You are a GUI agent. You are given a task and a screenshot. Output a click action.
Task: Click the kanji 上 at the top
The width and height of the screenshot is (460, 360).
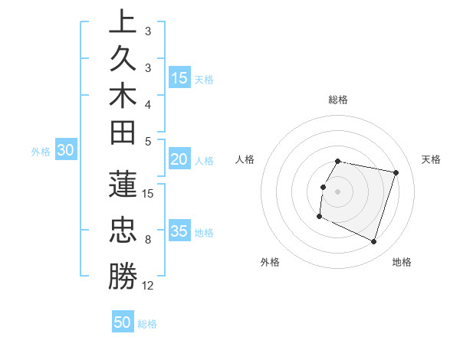click(x=122, y=22)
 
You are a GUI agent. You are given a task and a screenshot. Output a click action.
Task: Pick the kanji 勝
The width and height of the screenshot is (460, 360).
click(x=122, y=277)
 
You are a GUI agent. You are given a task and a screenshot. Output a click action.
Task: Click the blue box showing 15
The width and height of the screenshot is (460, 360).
click(x=179, y=77)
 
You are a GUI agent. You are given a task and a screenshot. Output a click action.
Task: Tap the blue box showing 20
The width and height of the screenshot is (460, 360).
click(x=179, y=159)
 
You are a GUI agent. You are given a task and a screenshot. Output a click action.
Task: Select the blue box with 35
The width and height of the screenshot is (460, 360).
click(x=179, y=231)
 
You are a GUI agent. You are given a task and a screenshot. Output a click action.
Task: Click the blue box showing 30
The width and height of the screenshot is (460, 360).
click(x=66, y=151)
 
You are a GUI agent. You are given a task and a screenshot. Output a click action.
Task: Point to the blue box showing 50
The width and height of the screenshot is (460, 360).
click(x=123, y=322)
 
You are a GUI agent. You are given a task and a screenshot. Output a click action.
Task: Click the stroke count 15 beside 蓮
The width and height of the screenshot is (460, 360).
click(x=148, y=193)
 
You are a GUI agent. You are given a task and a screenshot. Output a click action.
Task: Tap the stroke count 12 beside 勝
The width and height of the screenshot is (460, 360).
click(x=148, y=286)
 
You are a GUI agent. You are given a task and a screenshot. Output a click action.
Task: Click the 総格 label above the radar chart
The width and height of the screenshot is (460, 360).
click(x=338, y=100)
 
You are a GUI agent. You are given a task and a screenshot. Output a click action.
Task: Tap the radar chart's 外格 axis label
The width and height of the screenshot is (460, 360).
click(x=270, y=263)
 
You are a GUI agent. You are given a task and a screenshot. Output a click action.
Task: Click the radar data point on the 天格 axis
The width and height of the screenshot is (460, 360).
click(x=396, y=173)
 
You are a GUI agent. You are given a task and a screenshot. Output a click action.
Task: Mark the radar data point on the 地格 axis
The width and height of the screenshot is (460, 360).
click(x=373, y=241)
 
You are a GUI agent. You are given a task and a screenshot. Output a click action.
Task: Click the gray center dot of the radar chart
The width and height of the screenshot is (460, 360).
click(x=338, y=191)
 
